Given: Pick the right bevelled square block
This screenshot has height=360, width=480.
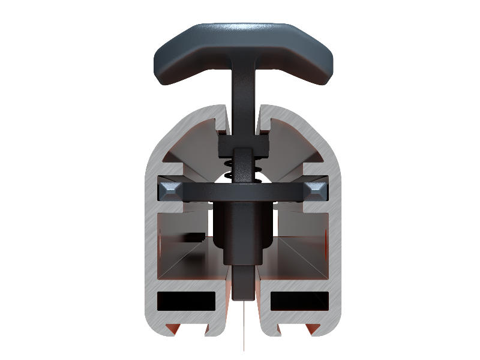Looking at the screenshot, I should point(315,191).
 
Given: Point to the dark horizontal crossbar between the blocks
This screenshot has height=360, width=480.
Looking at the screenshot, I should point(243,191).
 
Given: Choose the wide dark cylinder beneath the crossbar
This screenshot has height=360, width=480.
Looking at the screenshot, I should point(243,231).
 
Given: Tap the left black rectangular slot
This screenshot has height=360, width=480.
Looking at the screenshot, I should point(187,301).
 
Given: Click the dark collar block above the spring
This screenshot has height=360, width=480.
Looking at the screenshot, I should point(243,147).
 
